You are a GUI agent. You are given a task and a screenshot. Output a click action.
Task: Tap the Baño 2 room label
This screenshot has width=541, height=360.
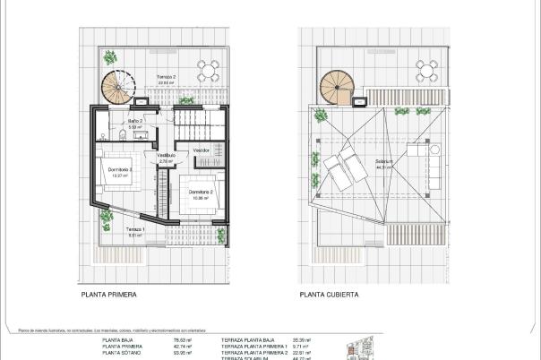[x=135, y=120]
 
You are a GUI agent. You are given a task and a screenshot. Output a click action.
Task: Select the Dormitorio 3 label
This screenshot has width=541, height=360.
[x=120, y=169]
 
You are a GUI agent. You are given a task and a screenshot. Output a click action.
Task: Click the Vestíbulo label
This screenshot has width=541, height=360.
[x=167, y=156]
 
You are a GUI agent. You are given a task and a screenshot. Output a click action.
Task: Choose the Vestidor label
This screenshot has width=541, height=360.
[x=202, y=150]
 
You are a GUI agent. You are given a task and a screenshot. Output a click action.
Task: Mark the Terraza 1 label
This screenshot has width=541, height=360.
[x=133, y=229]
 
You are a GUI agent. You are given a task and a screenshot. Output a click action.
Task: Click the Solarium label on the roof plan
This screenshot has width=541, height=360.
[x=386, y=163]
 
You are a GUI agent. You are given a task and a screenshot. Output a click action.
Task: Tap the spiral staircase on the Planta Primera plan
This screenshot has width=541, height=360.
[x=117, y=86]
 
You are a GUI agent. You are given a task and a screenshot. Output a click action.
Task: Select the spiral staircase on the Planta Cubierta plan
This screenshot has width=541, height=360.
[x=338, y=87]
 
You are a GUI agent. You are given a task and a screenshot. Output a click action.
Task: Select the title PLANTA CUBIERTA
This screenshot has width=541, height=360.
[x=329, y=292]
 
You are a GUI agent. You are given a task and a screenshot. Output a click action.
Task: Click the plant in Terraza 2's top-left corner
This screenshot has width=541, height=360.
[x=109, y=58]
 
